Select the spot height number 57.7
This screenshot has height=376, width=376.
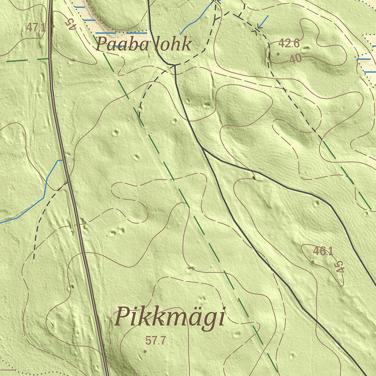(x=156, y=341)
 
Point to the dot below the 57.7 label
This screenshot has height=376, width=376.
(x=145, y=351)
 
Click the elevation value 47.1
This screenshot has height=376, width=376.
(x=36, y=27)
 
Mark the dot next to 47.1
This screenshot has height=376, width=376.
(x=53, y=26)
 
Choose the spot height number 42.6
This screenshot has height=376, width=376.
(x=289, y=44)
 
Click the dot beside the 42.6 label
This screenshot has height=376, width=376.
(x=278, y=54)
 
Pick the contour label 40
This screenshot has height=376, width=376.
(x=296, y=59)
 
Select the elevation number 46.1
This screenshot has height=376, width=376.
(x=323, y=252)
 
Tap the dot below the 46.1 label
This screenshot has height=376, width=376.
(x=312, y=262)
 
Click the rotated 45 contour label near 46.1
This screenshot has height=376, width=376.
(x=340, y=267)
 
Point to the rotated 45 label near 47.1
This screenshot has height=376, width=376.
(x=70, y=23)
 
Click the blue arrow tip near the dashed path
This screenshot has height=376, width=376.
(x=259, y=28)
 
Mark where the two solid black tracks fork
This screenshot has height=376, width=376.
(x=202, y=148)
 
